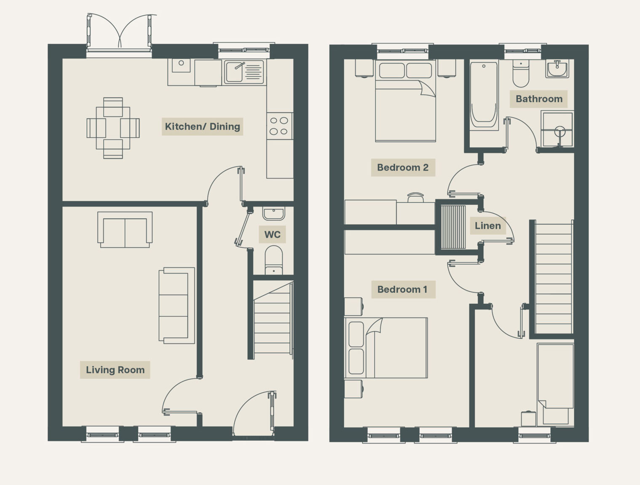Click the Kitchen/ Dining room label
tap(202, 126)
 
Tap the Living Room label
tap(115, 370)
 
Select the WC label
tap(272, 234)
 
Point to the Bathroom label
tap(539, 99)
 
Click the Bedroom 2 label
tap(403, 167)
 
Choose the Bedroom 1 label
tap(402, 289)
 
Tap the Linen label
tap(487, 226)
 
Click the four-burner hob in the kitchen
tap(279, 126)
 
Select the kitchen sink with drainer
tap(244, 72)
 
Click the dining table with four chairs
tap(113, 128)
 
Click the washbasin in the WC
tap(274, 214)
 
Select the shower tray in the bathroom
tap(557, 129)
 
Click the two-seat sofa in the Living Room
tap(125, 230)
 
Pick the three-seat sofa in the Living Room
tap(177, 305)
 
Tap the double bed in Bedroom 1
tap(386, 348)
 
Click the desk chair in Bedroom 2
tap(415, 197)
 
